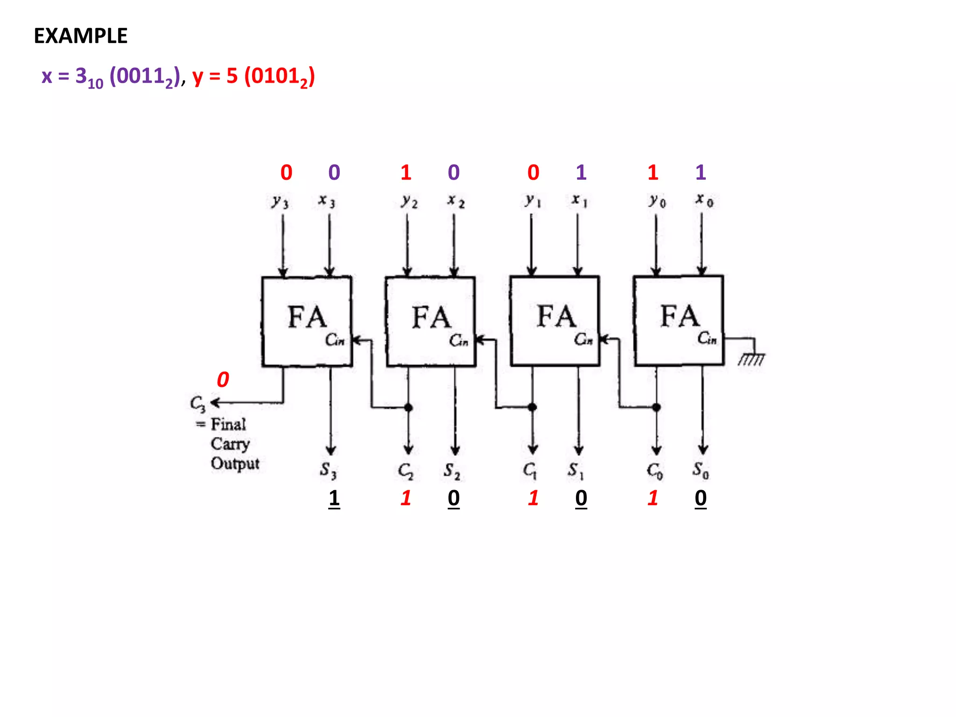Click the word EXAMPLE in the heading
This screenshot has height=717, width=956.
80,36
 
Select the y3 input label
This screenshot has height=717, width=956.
280,202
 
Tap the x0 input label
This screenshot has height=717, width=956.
704,200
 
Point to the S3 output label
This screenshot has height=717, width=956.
328,470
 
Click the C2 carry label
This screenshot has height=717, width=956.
406,471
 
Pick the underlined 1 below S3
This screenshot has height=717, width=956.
334,498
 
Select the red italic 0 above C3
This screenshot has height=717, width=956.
223,380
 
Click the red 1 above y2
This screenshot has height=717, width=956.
406,173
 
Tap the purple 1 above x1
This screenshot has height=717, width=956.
581,173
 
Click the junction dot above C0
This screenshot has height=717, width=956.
656,407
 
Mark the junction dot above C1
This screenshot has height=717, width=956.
532,407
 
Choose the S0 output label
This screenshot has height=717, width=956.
701,470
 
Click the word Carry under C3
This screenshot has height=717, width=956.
230,444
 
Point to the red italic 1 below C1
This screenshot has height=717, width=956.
533,498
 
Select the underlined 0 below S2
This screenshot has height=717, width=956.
454,498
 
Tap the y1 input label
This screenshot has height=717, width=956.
533,201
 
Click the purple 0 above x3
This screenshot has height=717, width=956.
334,173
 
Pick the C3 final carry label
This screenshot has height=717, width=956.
197,404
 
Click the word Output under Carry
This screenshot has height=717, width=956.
235,464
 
